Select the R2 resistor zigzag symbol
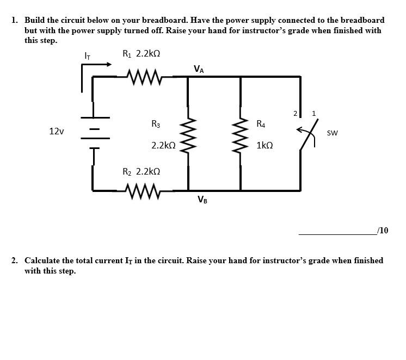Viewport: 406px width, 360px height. (x=144, y=191)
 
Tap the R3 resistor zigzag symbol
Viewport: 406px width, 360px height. (x=188, y=134)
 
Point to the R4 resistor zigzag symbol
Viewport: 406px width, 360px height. (x=241, y=134)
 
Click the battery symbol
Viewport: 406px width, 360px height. (x=92, y=132)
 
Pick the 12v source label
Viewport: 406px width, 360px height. (x=56, y=132)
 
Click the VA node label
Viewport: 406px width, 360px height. (x=199, y=69)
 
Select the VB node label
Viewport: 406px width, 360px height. (x=202, y=200)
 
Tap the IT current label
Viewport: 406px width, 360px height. (x=87, y=55)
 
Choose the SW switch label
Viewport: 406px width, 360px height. (x=333, y=133)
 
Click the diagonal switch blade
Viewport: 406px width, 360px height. (x=309, y=134)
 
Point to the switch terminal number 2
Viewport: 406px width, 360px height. (x=295, y=114)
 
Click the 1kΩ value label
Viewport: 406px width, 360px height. (x=264, y=146)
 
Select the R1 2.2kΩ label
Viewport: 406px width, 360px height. (x=141, y=54)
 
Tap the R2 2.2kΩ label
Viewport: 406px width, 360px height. (x=141, y=171)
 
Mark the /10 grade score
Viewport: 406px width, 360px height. (x=383, y=231)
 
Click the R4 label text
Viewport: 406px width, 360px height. (x=261, y=124)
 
